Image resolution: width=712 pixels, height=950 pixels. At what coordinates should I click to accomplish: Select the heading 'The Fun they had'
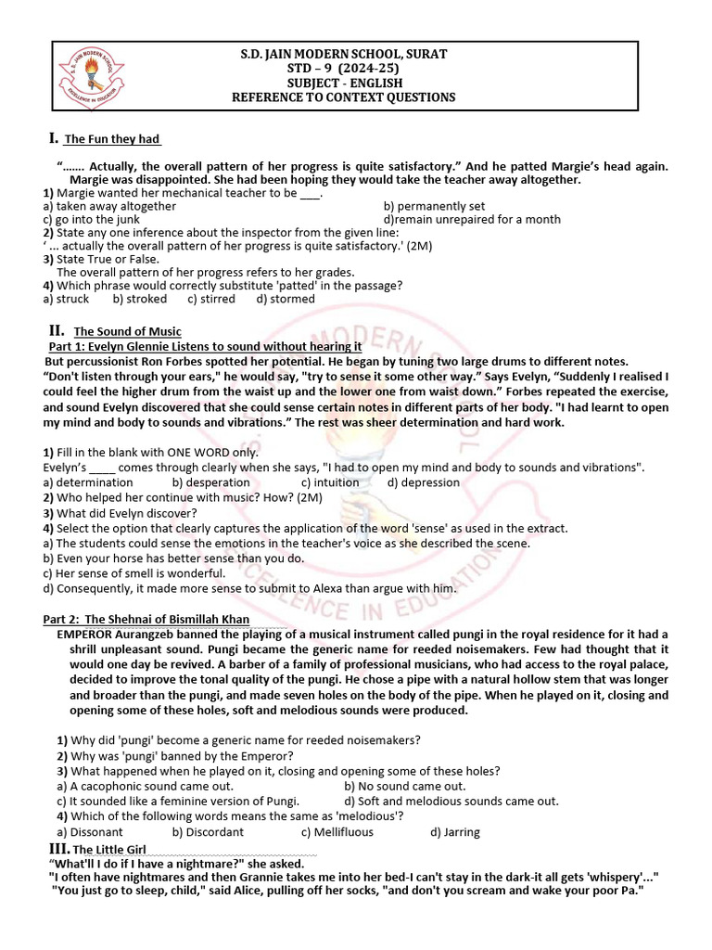[112, 139]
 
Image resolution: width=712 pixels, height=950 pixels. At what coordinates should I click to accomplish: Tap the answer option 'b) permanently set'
[434, 206]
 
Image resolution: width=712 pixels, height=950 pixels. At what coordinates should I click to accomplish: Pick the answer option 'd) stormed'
[286, 299]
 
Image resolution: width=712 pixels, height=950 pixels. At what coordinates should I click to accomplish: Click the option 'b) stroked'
[140, 299]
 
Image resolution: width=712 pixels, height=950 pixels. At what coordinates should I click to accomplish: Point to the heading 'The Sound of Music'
[128, 331]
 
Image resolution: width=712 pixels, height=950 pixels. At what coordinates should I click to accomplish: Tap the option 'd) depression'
[424, 482]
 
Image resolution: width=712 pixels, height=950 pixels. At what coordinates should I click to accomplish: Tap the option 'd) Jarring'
[455, 832]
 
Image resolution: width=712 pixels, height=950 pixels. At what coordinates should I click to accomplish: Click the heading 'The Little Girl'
[108, 850]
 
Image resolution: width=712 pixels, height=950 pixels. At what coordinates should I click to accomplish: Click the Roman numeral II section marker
[56, 330]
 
